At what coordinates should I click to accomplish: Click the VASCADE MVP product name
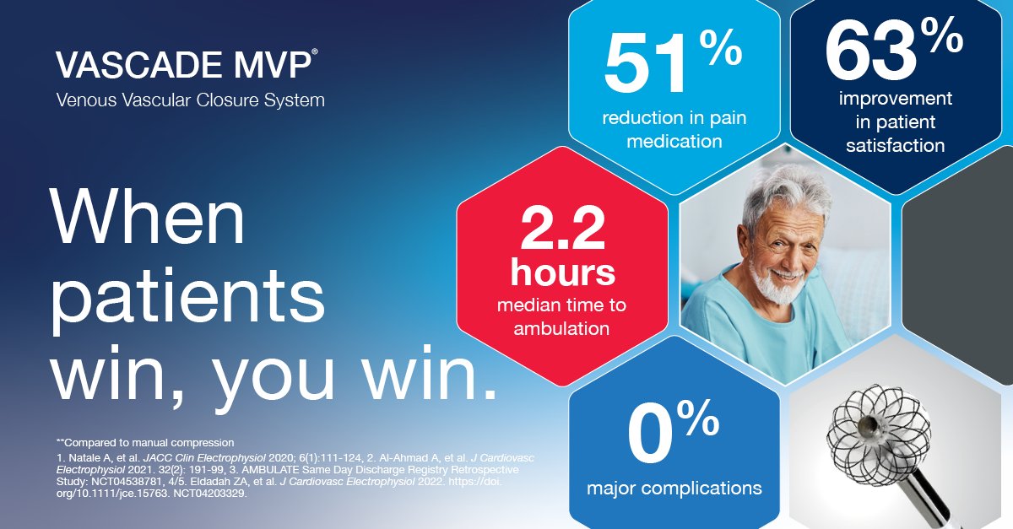[x=187, y=65]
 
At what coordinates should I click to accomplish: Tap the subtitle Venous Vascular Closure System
[x=190, y=100]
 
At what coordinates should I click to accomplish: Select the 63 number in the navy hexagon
[x=869, y=52]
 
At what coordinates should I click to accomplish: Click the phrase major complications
[x=674, y=488]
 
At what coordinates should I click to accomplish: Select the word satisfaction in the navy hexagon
[x=895, y=145]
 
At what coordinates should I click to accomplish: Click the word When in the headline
[x=149, y=216]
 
